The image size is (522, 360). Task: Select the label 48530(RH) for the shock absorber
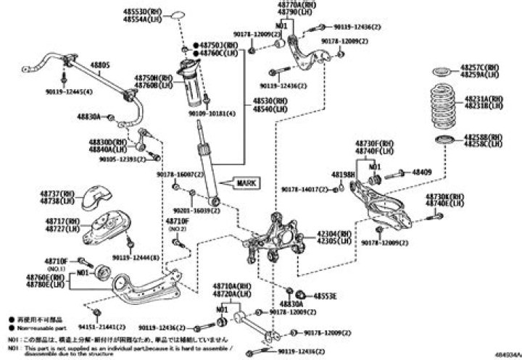click(268, 102)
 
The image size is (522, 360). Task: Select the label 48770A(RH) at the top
click(294, 5)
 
